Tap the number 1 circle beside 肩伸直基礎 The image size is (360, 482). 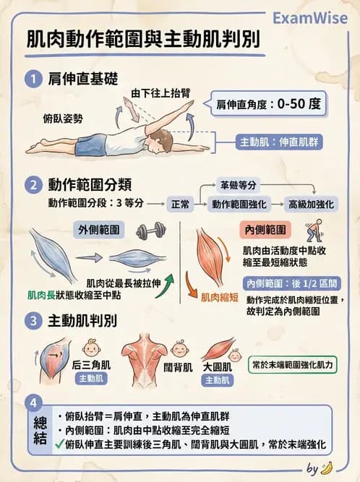tap(32, 78)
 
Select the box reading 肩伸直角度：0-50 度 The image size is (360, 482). tap(267, 103)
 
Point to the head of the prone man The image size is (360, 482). tap(162, 137)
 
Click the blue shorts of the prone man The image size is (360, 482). tap(92, 143)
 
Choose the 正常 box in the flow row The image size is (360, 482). tap(180, 205)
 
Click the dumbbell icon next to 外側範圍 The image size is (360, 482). tap(150, 231)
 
